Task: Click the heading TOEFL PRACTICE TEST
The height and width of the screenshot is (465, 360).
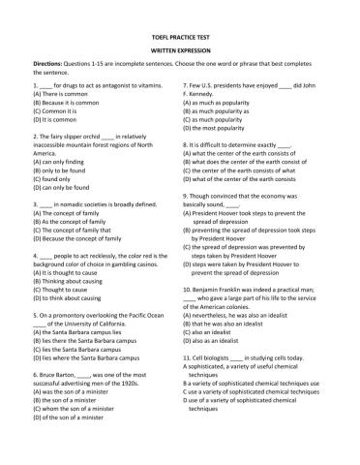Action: pos(179,34)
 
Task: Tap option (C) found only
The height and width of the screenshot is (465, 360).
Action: pos(57,179)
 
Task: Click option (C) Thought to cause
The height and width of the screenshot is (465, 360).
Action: pos(64,290)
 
